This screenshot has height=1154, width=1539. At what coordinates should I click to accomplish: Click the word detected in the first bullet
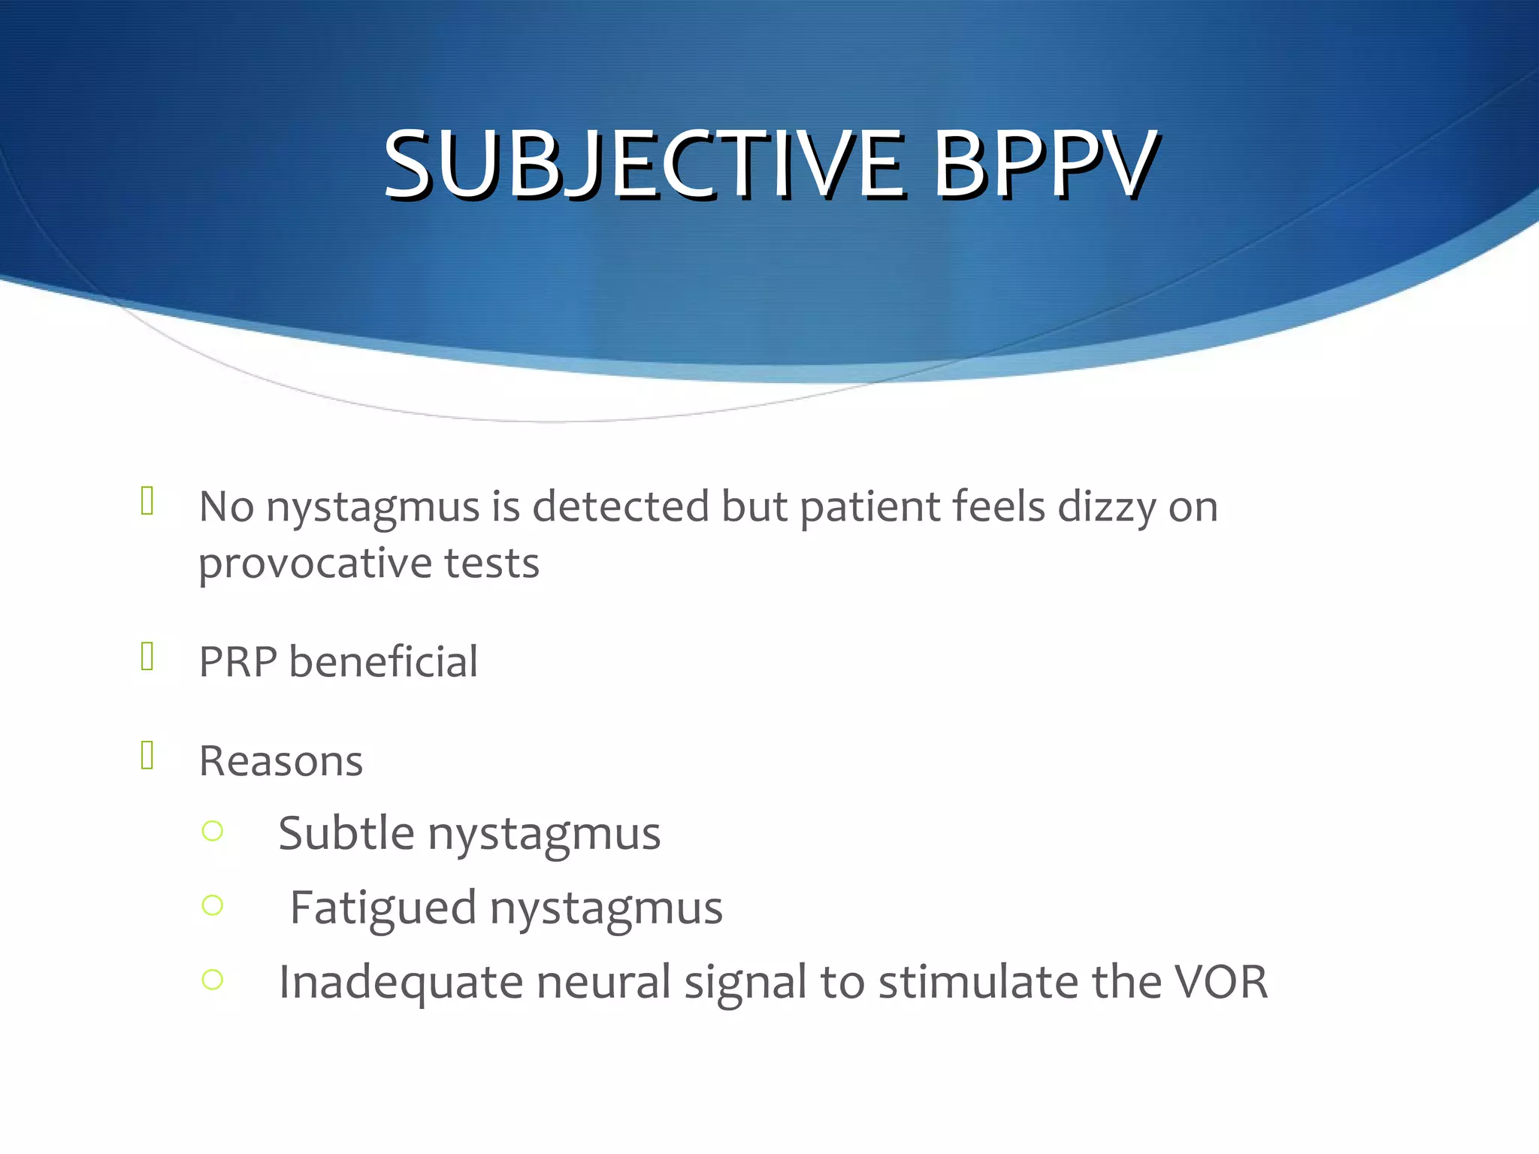[621, 506]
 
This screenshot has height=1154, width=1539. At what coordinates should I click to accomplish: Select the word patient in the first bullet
[869, 508]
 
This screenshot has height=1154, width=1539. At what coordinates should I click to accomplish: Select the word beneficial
[383, 662]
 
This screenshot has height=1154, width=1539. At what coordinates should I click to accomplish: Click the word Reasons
[281, 761]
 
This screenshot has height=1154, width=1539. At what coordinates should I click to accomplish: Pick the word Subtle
[346, 833]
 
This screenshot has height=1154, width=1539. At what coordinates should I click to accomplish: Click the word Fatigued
[383, 908]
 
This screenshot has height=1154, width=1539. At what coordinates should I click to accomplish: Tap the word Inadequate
[401, 983]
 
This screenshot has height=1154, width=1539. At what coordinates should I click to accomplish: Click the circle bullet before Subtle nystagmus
[213, 831]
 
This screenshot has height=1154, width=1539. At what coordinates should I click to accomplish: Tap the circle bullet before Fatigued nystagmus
[213, 905]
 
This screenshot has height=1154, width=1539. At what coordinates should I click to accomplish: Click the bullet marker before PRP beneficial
[147, 657]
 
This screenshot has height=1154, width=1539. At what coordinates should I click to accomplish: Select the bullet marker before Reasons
[147, 756]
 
